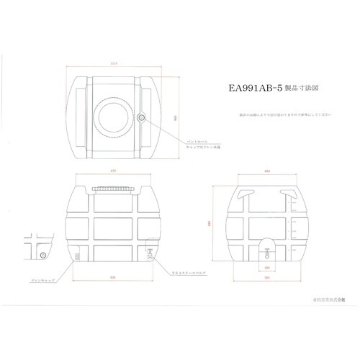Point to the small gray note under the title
click(x=285, y=114)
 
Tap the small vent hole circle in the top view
click(x=142, y=115)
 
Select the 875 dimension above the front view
click(x=114, y=171)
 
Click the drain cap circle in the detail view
click(x=43, y=255)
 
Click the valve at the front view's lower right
click(x=149, y=252)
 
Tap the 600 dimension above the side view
click(x=267, y=171)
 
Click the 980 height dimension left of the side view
click(x=212, y=222)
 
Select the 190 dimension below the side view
click(x=266, y=266)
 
